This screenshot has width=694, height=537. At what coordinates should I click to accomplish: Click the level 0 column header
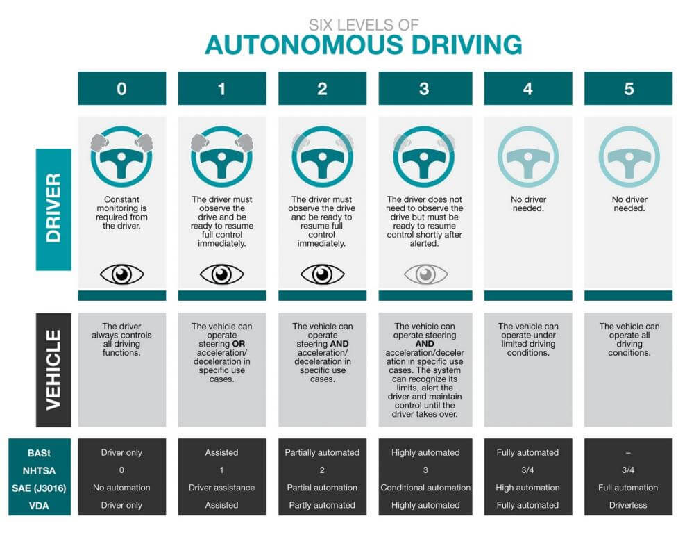point(121,88)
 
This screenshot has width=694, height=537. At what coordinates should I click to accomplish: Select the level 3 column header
point(424,88)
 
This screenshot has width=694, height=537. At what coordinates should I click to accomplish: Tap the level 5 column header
point(628,88)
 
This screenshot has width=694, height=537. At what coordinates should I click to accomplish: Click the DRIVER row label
point(53,209)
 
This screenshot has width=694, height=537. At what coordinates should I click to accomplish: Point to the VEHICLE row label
point(53,369)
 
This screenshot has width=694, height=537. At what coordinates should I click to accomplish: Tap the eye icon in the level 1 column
point(222,274)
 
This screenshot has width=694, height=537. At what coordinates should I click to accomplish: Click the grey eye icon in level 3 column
point(424,274)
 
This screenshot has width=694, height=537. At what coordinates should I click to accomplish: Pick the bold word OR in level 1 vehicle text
point(239,344)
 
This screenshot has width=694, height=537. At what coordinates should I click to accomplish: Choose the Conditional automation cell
point(425,488)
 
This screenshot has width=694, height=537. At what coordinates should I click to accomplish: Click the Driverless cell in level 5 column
point(628,505)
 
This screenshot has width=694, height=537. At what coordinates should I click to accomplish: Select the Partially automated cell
point(322,452)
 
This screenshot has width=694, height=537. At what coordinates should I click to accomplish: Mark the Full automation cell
point(628,488)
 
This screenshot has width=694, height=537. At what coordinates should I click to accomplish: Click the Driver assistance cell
point(222,488)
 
